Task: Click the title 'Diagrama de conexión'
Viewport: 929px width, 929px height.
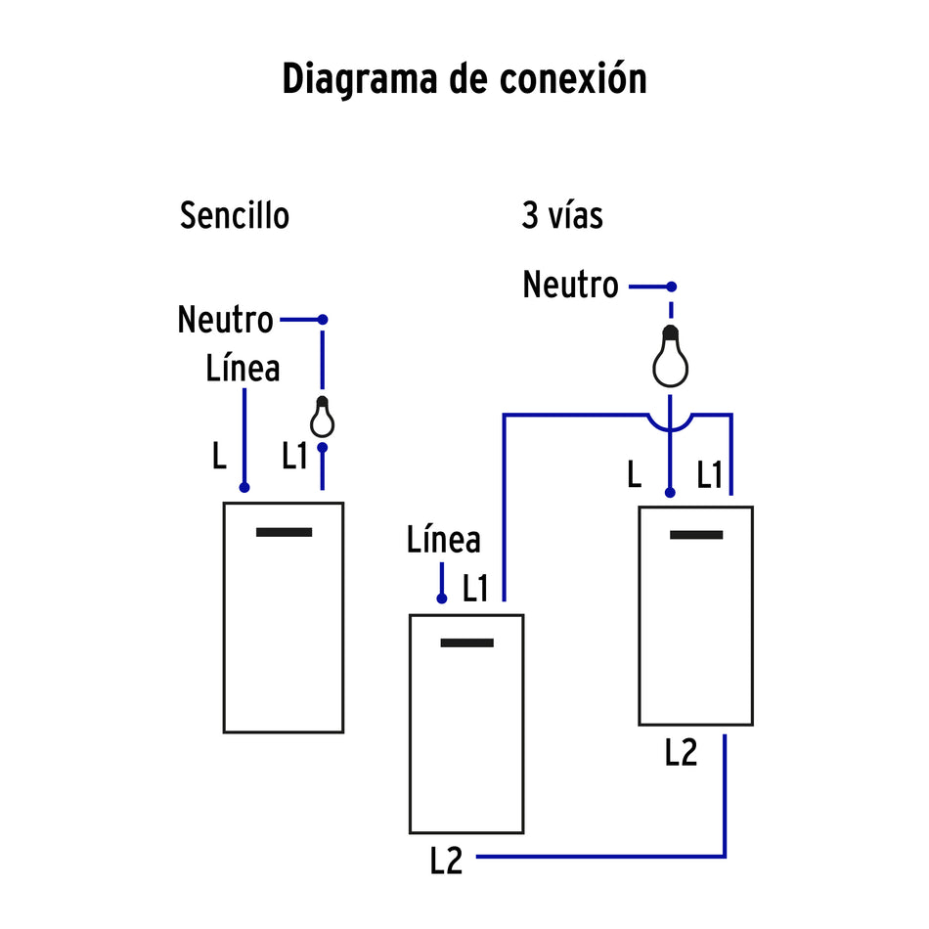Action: (x=464, y=79)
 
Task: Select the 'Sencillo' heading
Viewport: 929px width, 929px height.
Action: (x=235, y=215)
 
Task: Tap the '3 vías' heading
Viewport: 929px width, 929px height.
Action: (x=561, y=215)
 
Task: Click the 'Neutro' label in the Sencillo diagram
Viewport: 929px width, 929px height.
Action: (x=225, y=320)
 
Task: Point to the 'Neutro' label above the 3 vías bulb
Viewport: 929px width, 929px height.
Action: (x=570, y=286)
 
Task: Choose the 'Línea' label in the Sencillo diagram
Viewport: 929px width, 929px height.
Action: (x=243, y=369)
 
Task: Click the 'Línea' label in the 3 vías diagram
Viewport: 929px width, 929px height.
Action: (x=443, y=540)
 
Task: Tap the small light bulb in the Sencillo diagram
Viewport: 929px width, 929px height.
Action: (x=322, y=418)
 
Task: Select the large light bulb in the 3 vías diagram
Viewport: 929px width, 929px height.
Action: (x=670, y=360)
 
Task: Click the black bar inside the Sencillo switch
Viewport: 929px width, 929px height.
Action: (x=284, y=532)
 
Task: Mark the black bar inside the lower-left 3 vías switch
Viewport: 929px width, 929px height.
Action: (x=466, y=642)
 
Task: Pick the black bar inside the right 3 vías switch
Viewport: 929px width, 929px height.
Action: (x=696, y=535)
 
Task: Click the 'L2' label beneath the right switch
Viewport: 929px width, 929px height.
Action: (x=681, y=753)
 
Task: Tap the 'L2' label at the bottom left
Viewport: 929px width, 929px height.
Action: (x=446, y=861)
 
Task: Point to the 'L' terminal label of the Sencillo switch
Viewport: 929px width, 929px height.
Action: (x=219, y=456)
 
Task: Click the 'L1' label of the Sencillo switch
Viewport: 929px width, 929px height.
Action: (x=295, y=456)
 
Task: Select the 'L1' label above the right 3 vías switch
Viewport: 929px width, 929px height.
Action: (x=710, y=475)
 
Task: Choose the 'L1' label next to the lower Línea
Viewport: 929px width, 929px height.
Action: (x=475, y=589)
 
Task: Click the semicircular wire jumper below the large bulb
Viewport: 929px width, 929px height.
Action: (x=670, y=423)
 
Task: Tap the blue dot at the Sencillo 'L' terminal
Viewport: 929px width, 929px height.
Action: (x=244, y=487)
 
